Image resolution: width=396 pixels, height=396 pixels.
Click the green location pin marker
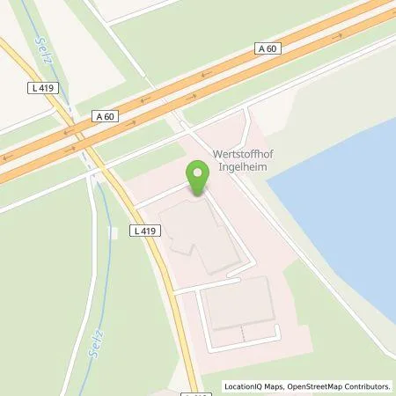pos(198,178)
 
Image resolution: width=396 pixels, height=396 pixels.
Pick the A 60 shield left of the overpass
pos(104,116)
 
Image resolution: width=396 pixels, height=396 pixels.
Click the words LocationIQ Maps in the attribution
pos(252,386)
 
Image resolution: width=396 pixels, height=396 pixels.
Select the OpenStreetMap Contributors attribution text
pos(338,386)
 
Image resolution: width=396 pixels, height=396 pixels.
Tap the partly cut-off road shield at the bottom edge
pos(195,392)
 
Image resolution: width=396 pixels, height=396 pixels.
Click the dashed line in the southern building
pos(238,334)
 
